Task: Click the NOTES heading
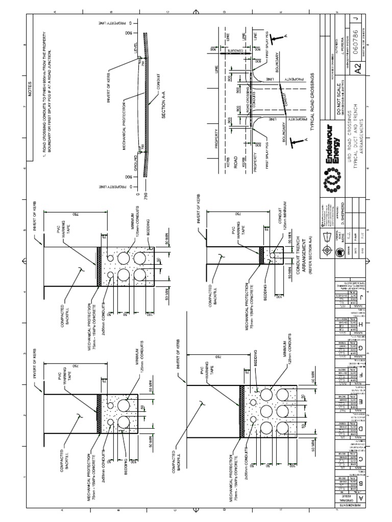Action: (30, 94)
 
